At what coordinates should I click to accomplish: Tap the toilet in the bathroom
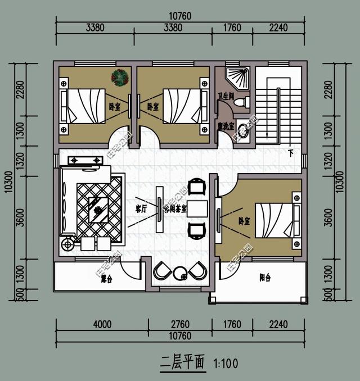[x=241, y=102]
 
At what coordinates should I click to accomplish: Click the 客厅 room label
[x=141, y=208]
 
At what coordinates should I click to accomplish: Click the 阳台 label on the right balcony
[x=264, y=277]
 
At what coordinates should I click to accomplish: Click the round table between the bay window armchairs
[x=181, y=274]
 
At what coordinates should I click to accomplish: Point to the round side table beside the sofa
[x=69, y=244]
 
